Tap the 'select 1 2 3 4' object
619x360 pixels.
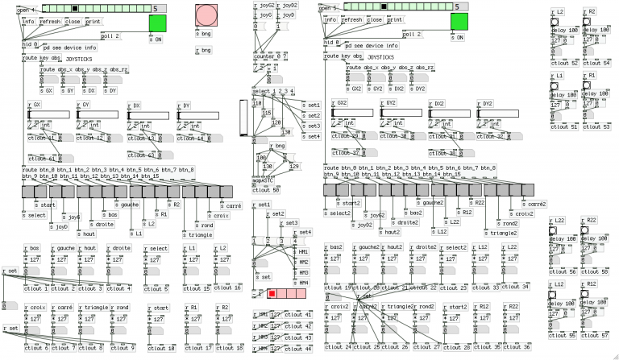click(x=273, y=91)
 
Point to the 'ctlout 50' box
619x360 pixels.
click(x=266, y=191)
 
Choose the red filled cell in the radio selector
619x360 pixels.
click(x=272, y=296)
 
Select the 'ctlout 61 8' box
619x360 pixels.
click(x=44, y=159)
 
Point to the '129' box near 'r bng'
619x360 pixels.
click(x=293, y=166)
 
